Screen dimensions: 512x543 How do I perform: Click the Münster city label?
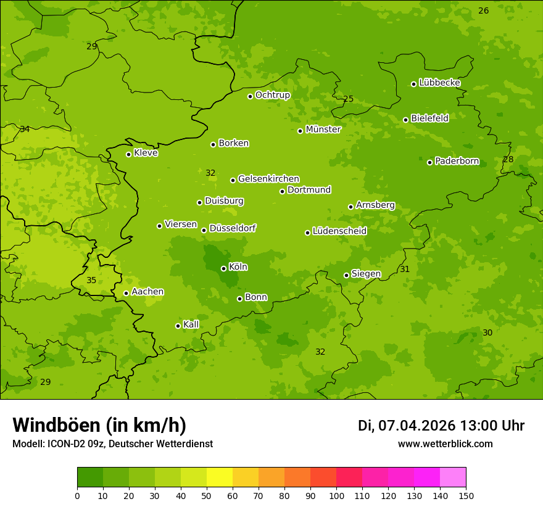coord(323,130)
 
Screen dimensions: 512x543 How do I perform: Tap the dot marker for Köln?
coord(223,268)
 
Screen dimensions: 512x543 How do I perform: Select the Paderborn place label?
coord(457,162)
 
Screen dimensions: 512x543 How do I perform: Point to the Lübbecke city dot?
coord(413,84)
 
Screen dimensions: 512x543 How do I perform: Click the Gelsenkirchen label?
coord(268,179)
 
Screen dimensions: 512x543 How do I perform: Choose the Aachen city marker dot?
coord(126,293)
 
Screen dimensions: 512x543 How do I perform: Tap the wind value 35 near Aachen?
coord(91,280)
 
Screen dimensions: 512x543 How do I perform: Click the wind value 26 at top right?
coord(484,10)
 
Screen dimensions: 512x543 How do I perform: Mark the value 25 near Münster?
coord(349,99)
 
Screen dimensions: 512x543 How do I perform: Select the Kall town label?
coord(191,324)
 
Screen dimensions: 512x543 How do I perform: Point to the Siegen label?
coord(366,274)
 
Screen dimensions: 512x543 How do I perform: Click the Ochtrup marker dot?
coord(250,96)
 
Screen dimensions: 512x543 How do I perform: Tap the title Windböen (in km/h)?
coord(99,425)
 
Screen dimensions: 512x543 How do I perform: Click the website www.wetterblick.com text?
coord(445,444)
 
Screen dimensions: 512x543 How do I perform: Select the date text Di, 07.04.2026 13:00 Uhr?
coord(441,426)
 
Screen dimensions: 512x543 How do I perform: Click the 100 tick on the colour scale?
coord(336,495)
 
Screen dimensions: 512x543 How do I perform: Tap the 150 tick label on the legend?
coord(466,495)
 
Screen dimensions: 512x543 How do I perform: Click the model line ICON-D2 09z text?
coord(112,444)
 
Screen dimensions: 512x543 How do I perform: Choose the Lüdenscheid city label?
coord(339,231)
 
